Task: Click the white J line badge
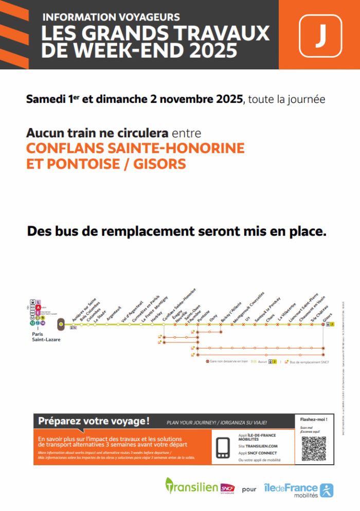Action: (x=320, y=35)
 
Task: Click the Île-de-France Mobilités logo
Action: (x=298, y=489)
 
